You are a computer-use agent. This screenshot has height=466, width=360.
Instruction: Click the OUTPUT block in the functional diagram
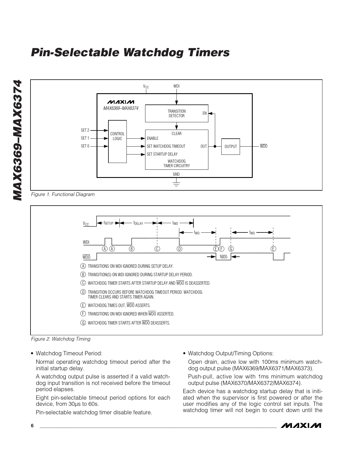click(x=230, y=147)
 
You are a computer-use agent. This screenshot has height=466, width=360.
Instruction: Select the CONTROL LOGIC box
click(x=117, y=141)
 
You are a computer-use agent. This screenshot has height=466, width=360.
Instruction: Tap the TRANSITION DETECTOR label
click(x=176, y=114)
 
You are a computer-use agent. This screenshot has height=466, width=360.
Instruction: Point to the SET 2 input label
click(x=85, y=130)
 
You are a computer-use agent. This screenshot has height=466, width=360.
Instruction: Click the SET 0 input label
click(x=85, y=146)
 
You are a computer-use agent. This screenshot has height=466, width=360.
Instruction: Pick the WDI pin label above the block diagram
click(x=176, y=86)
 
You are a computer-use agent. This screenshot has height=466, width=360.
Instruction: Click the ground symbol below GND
click(x=176, y=184)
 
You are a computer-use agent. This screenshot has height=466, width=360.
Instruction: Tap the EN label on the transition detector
click(x=204, y=113)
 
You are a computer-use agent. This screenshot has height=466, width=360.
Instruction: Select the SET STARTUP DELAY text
click(x=162, y=154)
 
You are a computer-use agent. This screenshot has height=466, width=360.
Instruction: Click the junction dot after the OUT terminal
click(x=215, y=147)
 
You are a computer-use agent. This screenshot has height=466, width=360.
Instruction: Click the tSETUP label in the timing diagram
click(x=108, y=223)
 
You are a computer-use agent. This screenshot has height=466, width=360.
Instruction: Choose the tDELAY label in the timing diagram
click(x=138, y=223)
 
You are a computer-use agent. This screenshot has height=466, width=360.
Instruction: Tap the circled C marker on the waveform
click(x=157, y=249)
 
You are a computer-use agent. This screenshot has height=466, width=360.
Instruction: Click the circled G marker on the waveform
click(x=231, y=249)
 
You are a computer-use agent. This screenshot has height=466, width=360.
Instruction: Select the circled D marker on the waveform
click(x=179, y=249)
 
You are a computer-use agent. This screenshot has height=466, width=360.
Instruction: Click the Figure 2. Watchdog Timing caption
click(x=61, y=339)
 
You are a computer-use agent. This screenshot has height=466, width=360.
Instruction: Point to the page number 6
click(x=32, y=426)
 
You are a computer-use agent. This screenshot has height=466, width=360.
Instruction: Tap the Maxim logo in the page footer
click(x=301, y=426)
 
